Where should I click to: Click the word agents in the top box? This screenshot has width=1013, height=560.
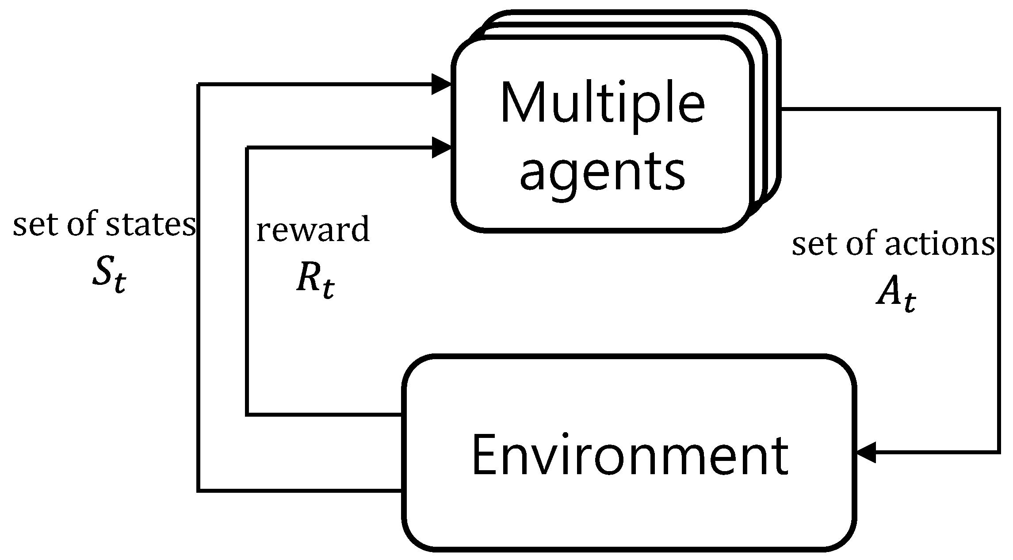(x=602, y=173)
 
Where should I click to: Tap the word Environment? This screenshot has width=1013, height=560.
(x=630, y=455)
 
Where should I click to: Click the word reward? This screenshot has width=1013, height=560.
(x=313, y=230)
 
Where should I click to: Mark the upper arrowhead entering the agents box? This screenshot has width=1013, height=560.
(x=441, y=84)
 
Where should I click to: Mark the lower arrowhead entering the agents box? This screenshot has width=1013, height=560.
(x=441, y=147)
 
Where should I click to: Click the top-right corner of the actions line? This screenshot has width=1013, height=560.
(x=998, y=109)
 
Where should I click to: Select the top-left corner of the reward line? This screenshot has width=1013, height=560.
(x=248, y=148)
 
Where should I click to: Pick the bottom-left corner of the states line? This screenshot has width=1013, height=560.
(x=199, y=490)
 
